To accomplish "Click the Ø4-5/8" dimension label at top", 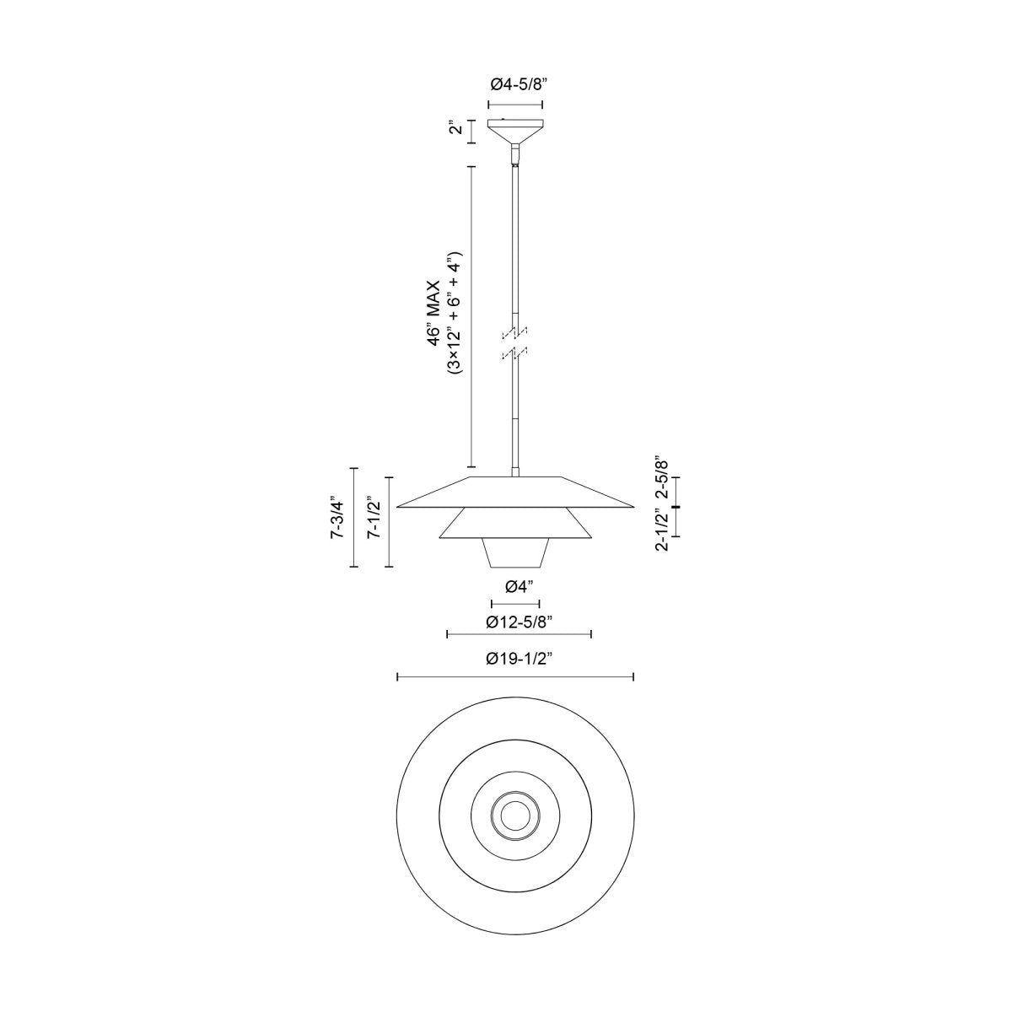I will (515, 84).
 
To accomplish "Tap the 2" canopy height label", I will (455, 131).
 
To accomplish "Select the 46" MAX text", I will (433, 312).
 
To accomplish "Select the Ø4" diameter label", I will (515, 586).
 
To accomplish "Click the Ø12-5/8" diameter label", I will (519, 622).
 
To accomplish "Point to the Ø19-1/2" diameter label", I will (515, 659).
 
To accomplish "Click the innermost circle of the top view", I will (514, 815).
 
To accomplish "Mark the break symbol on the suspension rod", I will (514, 342).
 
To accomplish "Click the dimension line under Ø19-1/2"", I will (515, 676).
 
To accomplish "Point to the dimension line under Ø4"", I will (515, 604).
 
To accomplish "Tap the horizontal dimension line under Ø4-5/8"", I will (515, 105).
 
